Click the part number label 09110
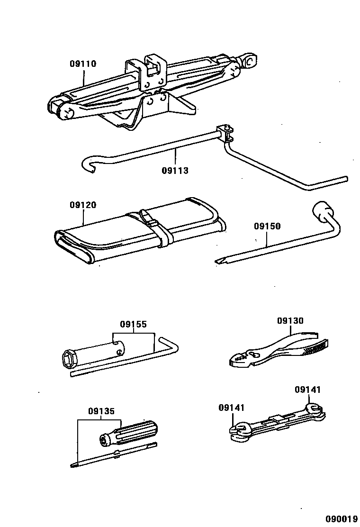(x=83, y=64)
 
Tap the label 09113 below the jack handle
(x=175, y=170)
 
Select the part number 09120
(x=83, y=205)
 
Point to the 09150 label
(x=267, y=226)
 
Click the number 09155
(x=133, y=325)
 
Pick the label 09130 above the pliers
(x=290, y=321)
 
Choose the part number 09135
(x=101, y=411)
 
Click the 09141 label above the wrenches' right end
(x=307, y=390)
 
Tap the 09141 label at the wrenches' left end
(x=232, y=407)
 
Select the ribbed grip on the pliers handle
(x=315, y=349)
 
